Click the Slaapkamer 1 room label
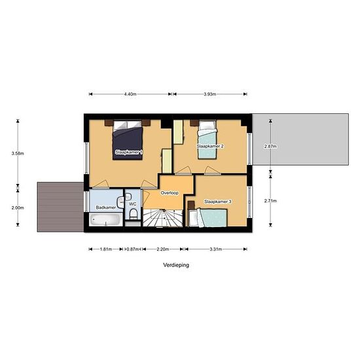tap(128, 152)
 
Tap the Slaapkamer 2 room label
tap(210, 147)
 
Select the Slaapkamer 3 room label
tap(217, 202)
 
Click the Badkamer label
tap(105, 207)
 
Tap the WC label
tap(132, 204)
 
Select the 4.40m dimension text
tap(130, 94)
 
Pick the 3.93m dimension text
tap(209, 94)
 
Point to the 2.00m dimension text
tap(18, 208)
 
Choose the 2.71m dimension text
tap(270, 200)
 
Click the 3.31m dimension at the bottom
tap(216, 249)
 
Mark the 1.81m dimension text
tap(105, 249)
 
